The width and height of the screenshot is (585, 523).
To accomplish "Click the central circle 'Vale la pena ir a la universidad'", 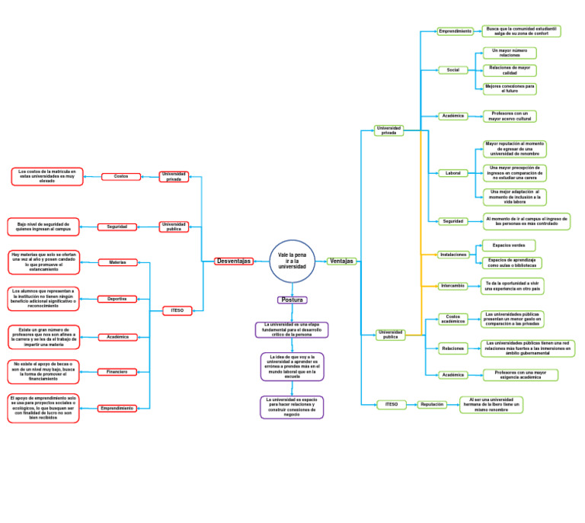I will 292,261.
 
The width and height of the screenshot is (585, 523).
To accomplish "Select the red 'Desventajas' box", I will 234,261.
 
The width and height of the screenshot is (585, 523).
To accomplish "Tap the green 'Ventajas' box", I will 342,261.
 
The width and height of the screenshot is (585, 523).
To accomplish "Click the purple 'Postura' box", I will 292,300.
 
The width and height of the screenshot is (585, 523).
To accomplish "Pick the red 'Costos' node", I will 121,176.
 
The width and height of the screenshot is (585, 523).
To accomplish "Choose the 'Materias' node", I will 118,262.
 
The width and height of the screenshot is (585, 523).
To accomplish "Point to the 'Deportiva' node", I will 117,299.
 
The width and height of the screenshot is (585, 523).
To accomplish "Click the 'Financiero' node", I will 117,372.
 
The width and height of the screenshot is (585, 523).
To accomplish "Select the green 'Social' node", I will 452,70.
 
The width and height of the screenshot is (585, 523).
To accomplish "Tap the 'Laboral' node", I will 452,173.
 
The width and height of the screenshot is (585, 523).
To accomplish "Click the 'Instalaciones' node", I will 453,255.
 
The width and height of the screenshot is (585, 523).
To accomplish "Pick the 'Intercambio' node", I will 452,286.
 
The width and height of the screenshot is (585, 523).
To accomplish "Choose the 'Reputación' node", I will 432,405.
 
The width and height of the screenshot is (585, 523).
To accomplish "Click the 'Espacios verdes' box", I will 509,245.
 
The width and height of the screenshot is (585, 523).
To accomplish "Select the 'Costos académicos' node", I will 453,319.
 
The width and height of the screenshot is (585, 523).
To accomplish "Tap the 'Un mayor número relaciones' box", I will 510,53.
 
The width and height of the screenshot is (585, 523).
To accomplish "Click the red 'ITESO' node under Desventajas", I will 177,310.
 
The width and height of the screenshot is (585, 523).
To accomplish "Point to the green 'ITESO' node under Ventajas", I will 392,405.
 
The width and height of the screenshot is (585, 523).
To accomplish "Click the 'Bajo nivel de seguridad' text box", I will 43,226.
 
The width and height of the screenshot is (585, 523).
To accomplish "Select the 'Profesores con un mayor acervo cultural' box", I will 510,116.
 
